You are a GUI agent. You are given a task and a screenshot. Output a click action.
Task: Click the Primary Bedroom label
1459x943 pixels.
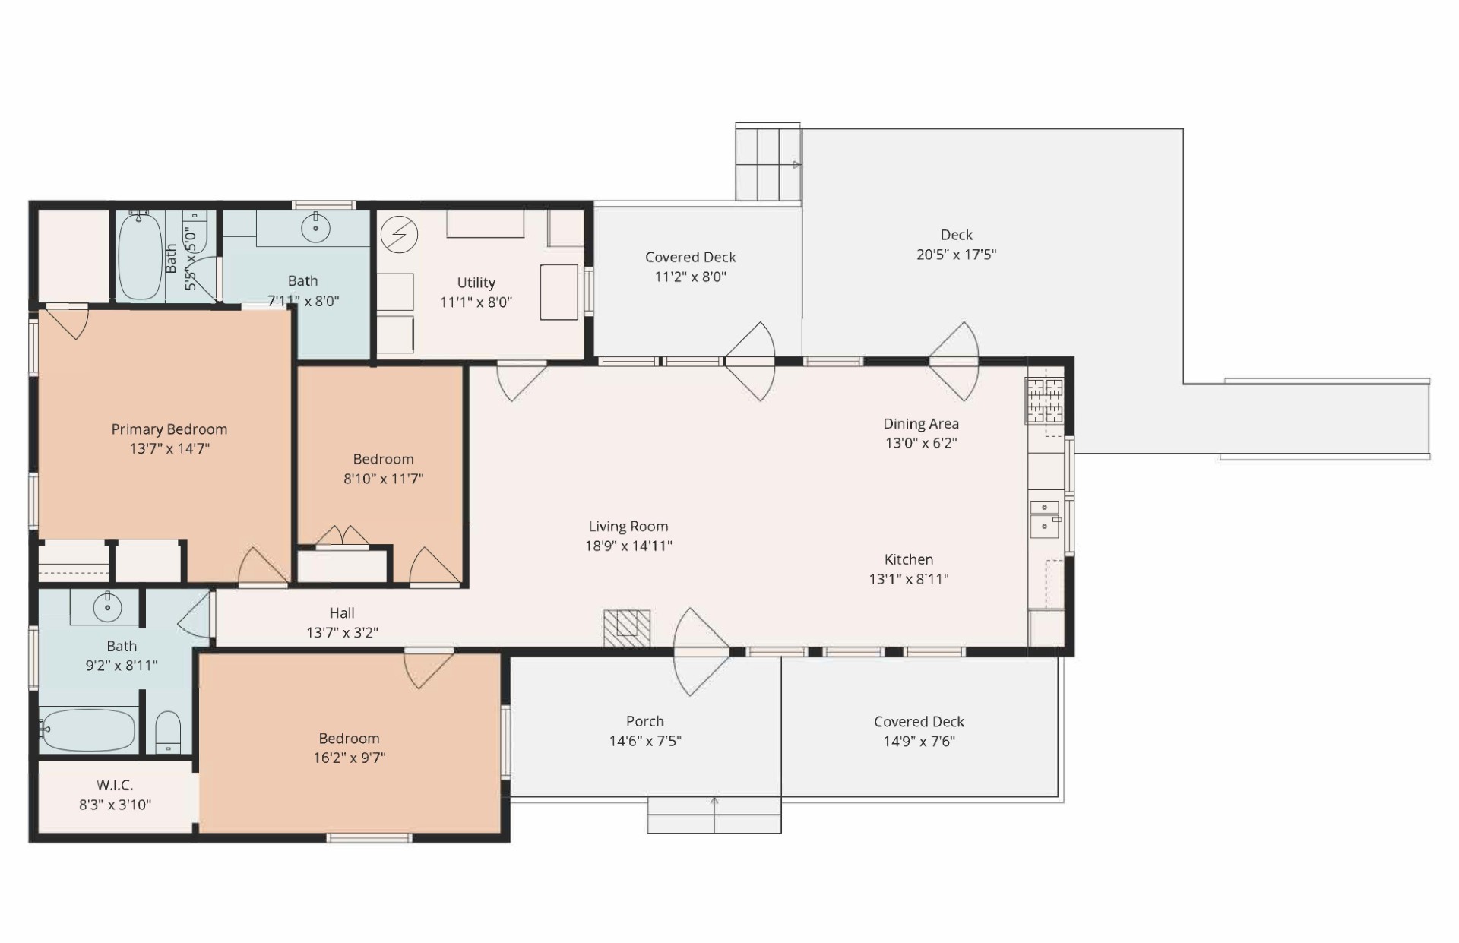[x=169, y=429]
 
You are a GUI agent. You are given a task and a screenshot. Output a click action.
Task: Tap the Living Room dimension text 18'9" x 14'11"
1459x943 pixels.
[x=628, y=546]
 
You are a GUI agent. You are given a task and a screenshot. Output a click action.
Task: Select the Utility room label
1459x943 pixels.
[x=476, y=283]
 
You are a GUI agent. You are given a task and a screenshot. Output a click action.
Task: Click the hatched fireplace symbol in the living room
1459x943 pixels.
[x=627, y=628]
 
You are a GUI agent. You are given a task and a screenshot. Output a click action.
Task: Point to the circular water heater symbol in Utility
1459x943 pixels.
[x=399, y=235]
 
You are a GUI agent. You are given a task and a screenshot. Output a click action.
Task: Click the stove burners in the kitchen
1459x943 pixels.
[x=1045, y=400]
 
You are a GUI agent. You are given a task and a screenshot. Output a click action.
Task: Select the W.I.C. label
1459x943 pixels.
[x=116, y=785]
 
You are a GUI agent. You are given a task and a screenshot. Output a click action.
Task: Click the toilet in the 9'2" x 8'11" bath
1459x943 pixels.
[x=168, y=731]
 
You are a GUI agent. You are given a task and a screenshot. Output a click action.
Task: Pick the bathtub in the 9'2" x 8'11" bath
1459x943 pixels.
[x=88, y=729]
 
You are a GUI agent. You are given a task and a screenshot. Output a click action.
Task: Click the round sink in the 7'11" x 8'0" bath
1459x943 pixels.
[x=315, y=227]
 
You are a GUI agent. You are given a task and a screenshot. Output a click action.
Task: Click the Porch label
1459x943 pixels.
[x=645, y=721]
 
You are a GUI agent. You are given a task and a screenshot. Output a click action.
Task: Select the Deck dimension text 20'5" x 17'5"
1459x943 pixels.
[x=956, y=255]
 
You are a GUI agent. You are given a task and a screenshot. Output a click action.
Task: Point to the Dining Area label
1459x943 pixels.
[x=921, y=424]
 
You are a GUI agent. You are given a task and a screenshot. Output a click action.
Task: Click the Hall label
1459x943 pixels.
[x=342, y=612]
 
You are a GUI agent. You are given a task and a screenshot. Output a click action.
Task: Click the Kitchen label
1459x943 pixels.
[x=909, y=559]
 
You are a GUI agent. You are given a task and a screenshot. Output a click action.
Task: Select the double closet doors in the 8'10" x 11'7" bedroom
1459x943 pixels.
[x=343, y=536]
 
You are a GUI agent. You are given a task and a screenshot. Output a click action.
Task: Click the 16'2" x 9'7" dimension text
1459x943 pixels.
[x=350, y=758]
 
